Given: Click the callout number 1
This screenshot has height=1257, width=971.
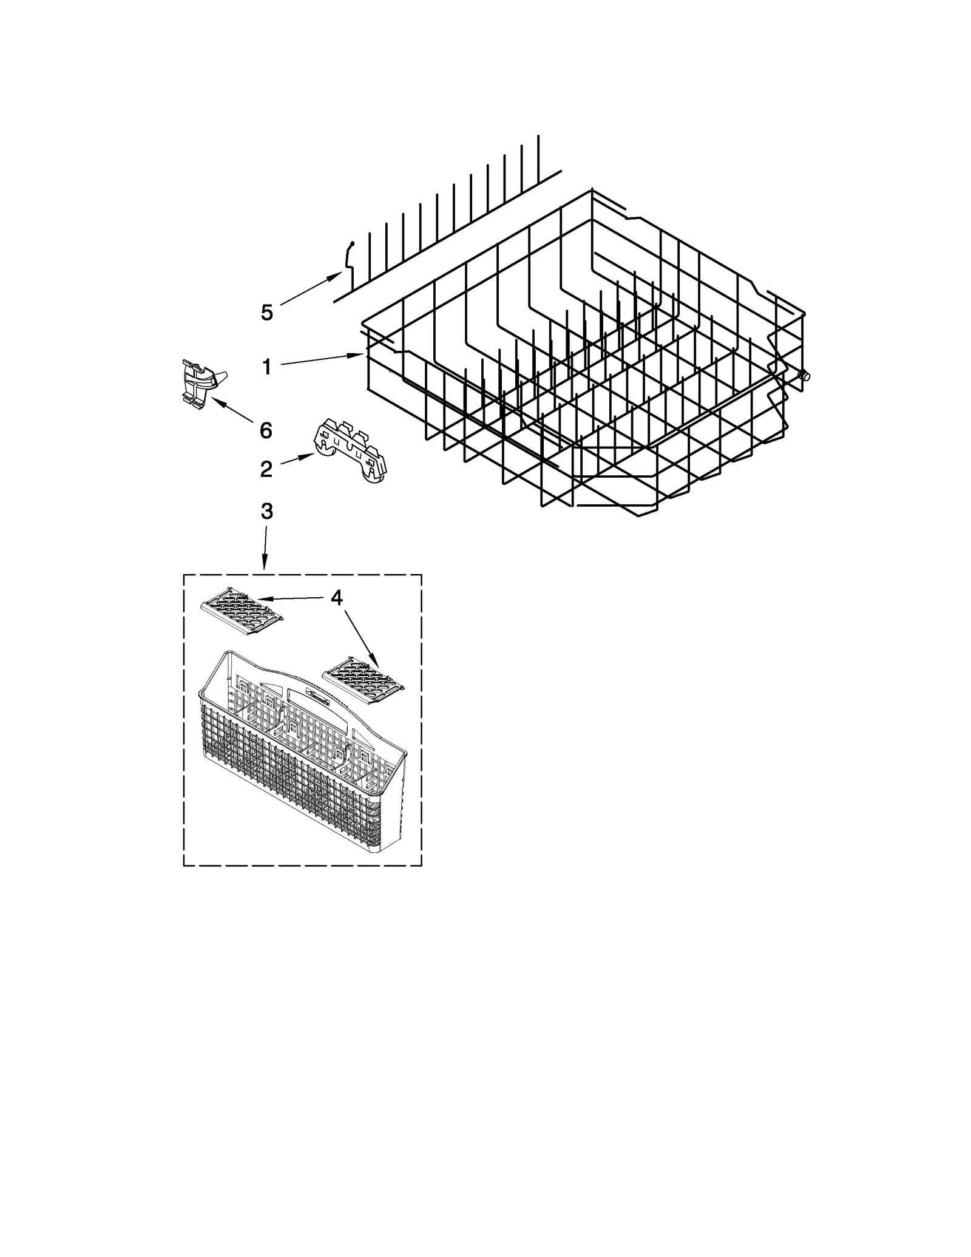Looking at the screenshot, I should pos(266,367).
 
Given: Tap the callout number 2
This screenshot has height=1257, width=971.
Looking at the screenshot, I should pos(266,469).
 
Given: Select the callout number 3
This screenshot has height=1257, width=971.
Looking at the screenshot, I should pos(266,511).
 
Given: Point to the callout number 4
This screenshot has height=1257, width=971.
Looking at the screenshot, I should pos(337,598).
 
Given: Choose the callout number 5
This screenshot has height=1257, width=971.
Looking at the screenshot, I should pos(267,313).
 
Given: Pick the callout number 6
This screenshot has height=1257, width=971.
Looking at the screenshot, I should pos(266,430).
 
